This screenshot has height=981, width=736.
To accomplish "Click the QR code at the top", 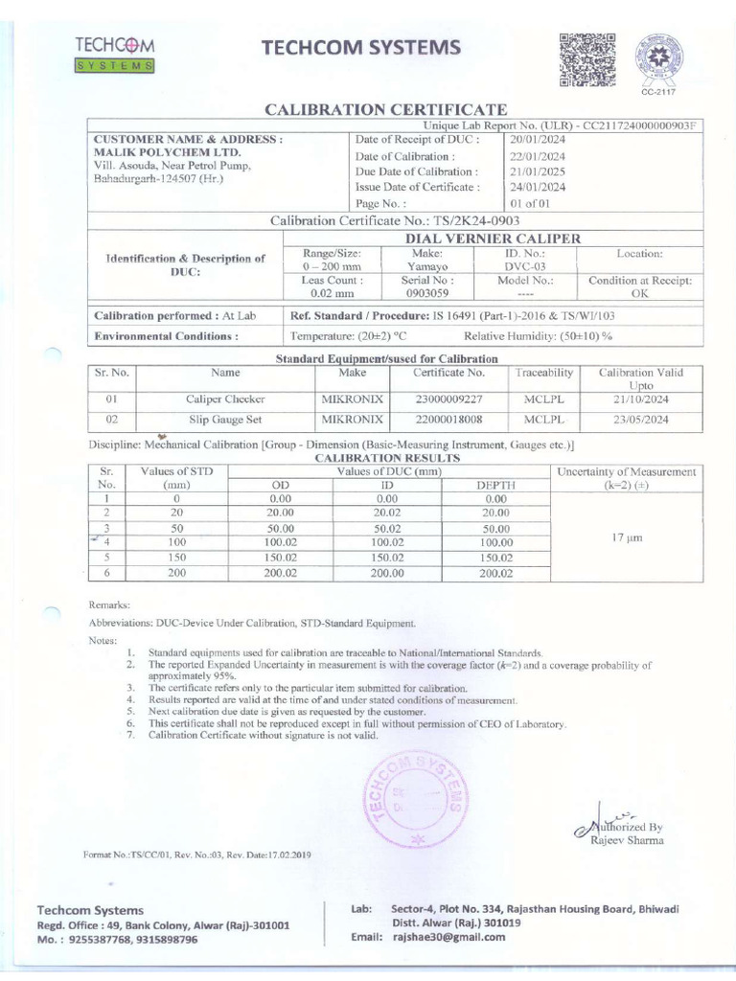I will [x=586, y=60].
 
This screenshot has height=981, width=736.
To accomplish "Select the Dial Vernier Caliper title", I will [x=494, y=237].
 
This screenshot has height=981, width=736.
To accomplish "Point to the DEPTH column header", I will [x=495, y=486].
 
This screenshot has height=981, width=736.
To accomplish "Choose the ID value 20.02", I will [x=386, y=513].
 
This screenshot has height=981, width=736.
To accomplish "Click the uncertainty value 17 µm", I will [x=628, y=539].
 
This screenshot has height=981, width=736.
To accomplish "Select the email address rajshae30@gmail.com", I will [x=448, y=937].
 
